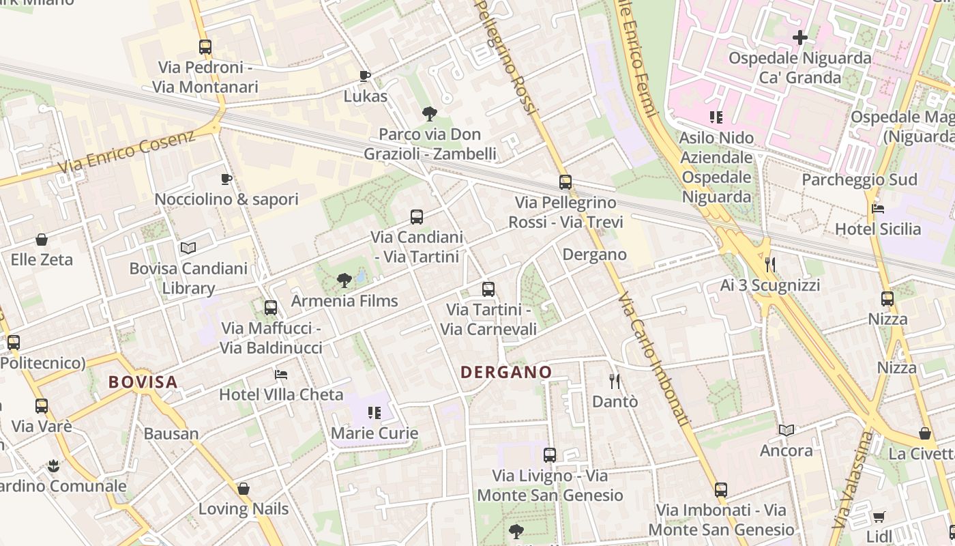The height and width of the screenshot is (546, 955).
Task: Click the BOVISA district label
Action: tap(143, 382)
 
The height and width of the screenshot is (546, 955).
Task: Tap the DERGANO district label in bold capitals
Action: tap(506, 372)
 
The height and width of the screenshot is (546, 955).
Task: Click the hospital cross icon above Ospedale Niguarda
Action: tap(800, 38)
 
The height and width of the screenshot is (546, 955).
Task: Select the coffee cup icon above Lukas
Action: tap(365, 76)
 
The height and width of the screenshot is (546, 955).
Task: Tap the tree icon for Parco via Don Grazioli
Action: tap(430, 113)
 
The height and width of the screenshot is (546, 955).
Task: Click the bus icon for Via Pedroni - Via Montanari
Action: tap(205, 47)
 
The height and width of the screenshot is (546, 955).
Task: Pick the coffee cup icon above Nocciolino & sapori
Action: tap(226, 179)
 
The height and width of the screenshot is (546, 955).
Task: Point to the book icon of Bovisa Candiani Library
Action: tap(188, 248)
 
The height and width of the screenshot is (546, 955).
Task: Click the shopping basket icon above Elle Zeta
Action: tap(42, 240)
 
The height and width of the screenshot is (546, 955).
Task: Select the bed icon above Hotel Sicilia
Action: tap(879, 208)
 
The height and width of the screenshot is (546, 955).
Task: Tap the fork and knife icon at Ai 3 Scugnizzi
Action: tap(770, 264)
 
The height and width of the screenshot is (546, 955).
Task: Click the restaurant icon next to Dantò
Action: tap(615, 381)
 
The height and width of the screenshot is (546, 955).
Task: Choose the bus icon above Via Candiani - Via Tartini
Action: tap(417, 217)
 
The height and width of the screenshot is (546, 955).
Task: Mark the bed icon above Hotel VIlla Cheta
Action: tap(280, 374)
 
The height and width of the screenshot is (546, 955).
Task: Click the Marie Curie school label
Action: tap(374, 433)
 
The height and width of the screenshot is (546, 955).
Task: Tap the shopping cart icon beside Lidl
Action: tap(879, 516)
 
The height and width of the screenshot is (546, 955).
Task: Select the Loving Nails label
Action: tap(244, 508)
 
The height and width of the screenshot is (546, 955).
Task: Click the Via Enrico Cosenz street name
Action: tap(127, 152)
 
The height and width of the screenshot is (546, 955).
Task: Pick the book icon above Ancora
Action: tap(787, 430)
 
